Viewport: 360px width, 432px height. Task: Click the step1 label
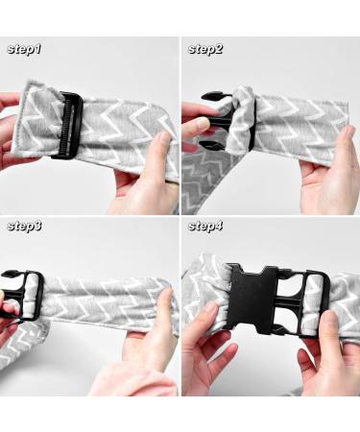tap(24, 49)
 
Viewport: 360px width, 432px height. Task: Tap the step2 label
tap(205, 49)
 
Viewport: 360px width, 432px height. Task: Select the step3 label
tap(24, 227)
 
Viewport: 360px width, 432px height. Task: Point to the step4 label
tap(205, 227)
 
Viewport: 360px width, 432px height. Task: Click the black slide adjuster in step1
tap(68, 126)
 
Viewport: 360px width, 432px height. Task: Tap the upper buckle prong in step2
tap(213, 96)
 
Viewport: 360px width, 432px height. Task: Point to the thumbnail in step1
tap(165, 137)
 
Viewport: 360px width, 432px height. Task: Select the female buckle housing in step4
tap(252, 300)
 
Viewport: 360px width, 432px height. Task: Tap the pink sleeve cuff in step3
tap(134, 381)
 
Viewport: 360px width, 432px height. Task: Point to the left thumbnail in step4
tap(210, 310)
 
